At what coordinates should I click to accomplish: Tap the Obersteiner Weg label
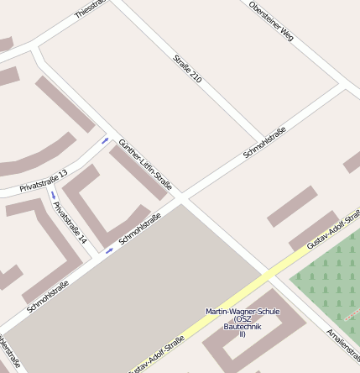coord(271,21)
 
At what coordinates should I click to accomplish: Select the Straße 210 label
coord(187,68)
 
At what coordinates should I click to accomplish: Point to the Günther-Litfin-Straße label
coord(146,164)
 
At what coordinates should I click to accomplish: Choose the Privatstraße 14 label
coord(70,223)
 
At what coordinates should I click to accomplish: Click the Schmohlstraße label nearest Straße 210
coord(264,142)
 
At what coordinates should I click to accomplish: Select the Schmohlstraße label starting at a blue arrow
coord(140,228)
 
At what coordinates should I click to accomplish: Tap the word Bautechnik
coord(242,327)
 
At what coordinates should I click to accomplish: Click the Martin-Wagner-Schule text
coord(242,312)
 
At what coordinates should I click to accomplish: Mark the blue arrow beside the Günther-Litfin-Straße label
coord(105,140)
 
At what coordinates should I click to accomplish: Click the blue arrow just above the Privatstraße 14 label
coord(52,195)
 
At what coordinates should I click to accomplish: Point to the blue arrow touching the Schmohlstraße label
coord(109,250)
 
